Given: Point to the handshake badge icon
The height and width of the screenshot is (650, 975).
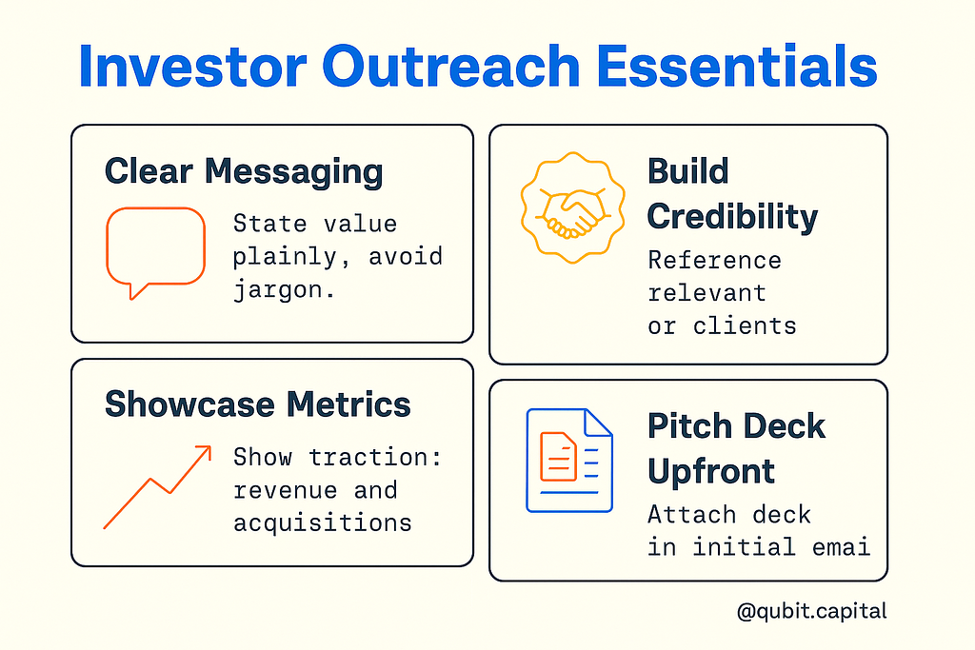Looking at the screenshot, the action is click(x=572, y=207).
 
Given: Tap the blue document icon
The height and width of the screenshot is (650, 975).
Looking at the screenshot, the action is click(x=569, y=461).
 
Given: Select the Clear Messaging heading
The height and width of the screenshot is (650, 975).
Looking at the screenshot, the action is click(x=244, y=172).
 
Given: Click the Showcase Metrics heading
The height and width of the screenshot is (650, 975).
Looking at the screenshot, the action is click(x=257, y=404).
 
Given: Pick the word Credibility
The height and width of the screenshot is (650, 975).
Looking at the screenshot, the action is click(x=732, y=217).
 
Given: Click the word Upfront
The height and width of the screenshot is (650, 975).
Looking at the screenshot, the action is click(x=710, y=472).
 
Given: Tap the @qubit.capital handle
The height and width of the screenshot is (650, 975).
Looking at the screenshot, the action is click(x=811, y=612).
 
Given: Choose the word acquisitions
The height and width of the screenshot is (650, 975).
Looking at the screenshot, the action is click(x=322, y=523).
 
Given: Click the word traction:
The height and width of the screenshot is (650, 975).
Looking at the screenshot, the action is click(x=375, y=458).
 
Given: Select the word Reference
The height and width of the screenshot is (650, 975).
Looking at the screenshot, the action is click(x=714, y=261).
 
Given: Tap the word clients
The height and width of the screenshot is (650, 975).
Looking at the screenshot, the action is click(x=745, y=326).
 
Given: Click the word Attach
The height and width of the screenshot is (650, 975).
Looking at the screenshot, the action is click(x=692, y=515).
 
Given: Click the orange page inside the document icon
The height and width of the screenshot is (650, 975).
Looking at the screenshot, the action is click(x=558, y=457).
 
